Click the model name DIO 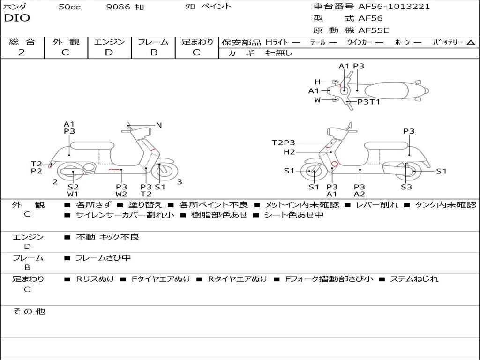(x=17, y=18)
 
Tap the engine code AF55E (x=374, y=30)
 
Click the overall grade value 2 (x=22, y=52)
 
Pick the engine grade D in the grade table (x=109, y=52)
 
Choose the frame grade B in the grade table (x=153, y=52)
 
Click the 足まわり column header (x=197, y=42)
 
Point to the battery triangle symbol (x=471, y=43)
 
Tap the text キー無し (x=279, y=53)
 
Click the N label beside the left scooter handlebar (x=159, y=125)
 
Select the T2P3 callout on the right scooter (x=284, y=143)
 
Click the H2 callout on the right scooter (x=289, y=152)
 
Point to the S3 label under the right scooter (x=406, y=187)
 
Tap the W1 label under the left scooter (x=73, y=194)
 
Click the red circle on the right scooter (x=334, y=164)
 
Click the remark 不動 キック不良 (x=107, y=237)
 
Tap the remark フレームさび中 (x=103, y=258)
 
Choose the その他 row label (x=29, y=311)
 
